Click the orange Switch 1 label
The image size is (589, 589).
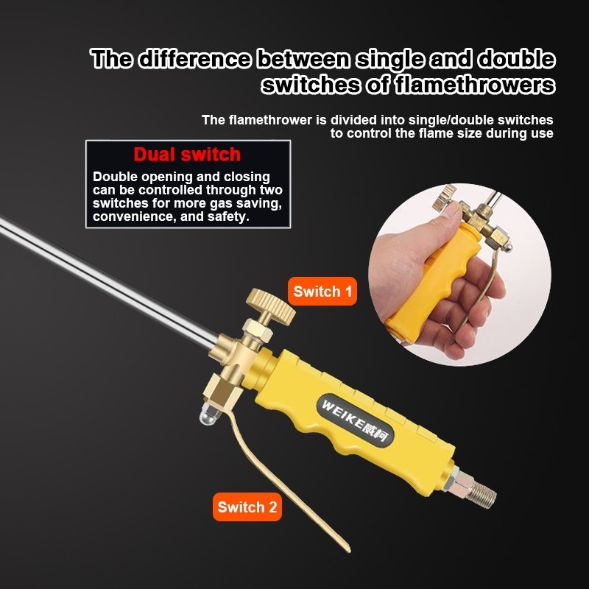click(322, 291)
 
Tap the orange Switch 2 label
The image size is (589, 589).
click(247, 507)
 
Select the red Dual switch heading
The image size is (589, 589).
click(187, 155)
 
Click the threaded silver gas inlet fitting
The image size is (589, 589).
click(474, 488)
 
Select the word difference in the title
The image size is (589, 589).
click(194, 59)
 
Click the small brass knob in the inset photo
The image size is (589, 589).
click(445, 196)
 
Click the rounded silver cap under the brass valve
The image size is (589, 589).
click(206, 416)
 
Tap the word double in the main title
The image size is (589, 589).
click(516, 59)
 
